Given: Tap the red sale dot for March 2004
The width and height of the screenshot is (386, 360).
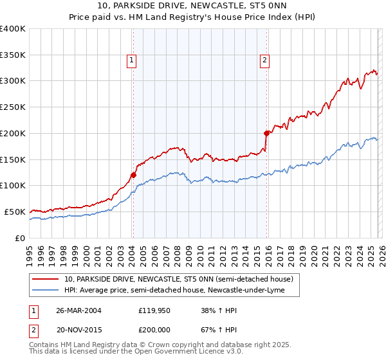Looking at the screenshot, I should pos(133,174).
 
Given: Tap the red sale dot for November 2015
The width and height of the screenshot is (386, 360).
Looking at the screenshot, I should pos(266,133).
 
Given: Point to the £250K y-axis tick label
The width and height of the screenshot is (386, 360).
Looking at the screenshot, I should pos(13,107).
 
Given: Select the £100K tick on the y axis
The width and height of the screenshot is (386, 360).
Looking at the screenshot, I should pos(13,185).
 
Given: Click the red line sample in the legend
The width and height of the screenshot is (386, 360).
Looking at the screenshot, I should pos(46,279).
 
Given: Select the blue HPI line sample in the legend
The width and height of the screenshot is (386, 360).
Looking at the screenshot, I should pos(46,290).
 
